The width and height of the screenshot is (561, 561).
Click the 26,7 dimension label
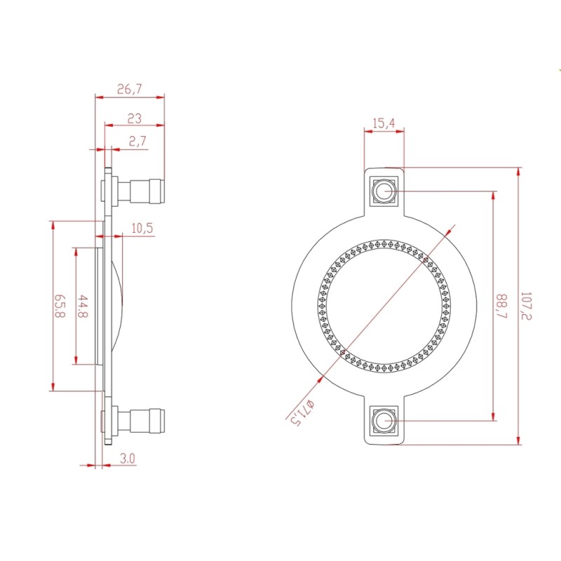pos(129,89)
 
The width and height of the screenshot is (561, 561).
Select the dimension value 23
pos(135,119)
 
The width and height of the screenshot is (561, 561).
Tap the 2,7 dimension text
pos(137,141)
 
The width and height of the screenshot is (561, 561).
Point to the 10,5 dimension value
pos(142,229)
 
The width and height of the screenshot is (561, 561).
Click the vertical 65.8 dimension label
pos(60,306)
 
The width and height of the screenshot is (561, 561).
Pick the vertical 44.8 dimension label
pos(83,306)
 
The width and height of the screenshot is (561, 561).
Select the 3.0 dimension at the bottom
pos(128,459)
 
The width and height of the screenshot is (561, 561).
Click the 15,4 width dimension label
pos(384,123)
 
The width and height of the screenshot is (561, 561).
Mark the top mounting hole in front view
pos(384,191)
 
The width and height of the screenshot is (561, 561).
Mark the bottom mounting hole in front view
pos(384,421)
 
